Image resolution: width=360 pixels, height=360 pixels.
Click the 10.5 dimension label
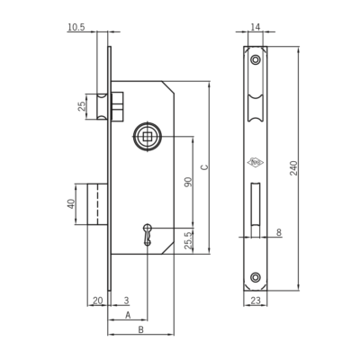point(76,27)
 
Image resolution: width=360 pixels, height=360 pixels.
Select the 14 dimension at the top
point(255,27)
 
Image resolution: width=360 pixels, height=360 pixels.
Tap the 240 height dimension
point(293,168)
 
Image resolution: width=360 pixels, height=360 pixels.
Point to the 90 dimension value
point(188,182)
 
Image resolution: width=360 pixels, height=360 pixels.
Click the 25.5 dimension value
point(188,240)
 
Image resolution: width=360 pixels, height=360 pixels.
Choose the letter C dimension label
point(204,167)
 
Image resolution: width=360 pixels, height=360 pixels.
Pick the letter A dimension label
point(128,315)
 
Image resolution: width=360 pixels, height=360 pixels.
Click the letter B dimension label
point(140,329)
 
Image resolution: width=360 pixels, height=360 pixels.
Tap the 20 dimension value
point(98,301)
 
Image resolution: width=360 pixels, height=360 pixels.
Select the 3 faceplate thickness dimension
point(126,301)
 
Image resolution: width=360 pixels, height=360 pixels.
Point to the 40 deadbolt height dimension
point(71,204)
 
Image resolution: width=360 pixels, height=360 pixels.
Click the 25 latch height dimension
point(82,106)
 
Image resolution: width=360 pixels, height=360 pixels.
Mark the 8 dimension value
point(279,232)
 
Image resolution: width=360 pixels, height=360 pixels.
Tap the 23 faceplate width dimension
point(256,301)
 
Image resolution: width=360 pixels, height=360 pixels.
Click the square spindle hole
point(148,137)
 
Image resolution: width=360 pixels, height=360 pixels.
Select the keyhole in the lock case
point(147,235)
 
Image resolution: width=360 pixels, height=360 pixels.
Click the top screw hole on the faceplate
point(256,59)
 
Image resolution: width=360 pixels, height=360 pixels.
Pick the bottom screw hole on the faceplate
point(256,277)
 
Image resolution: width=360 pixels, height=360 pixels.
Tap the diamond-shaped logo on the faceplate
point(255,163)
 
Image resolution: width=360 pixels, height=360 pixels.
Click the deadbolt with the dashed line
point(97,204)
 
